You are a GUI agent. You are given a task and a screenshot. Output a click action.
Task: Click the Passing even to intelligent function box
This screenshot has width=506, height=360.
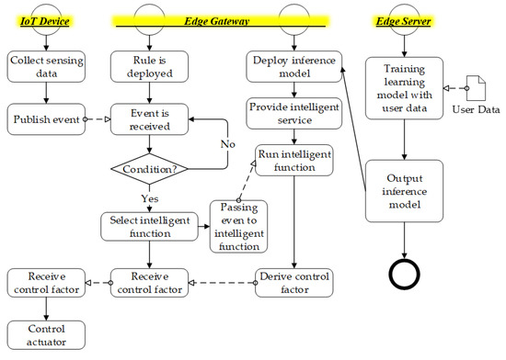pyautogui.click(x=237, y=225)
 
